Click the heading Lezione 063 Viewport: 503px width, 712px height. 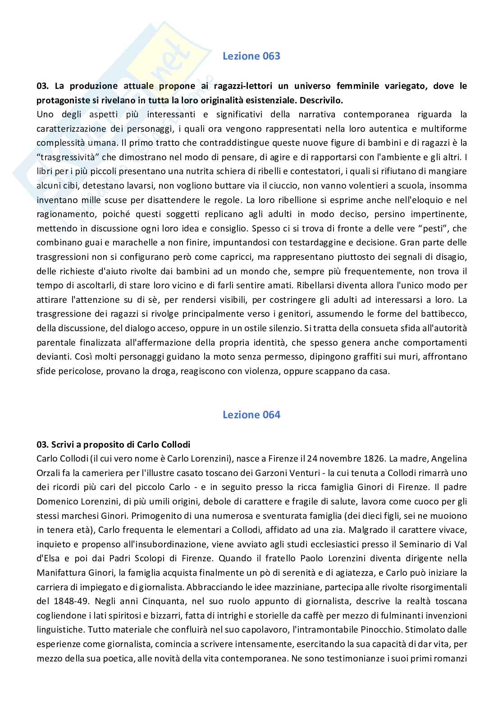251,56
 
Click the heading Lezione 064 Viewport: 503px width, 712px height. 251,415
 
